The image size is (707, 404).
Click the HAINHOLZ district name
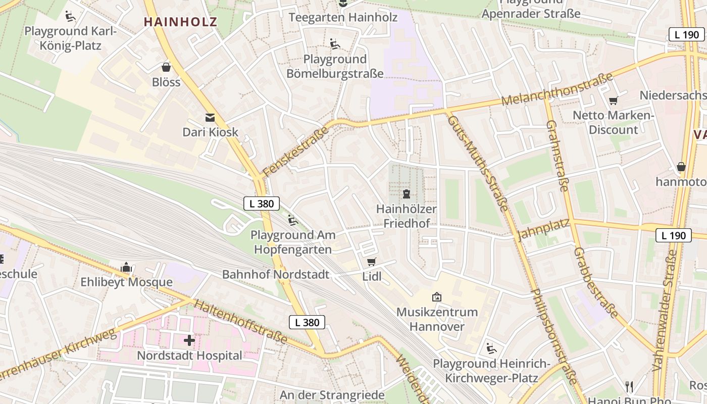[x=180, y=22]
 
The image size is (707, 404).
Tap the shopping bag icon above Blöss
[x=166, y=67]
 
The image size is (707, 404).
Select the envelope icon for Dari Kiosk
[x=210, y=118]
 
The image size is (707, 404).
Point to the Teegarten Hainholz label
[x=343, y=17]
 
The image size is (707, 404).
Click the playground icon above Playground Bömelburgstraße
[x=334, y=44]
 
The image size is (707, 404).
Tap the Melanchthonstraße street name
[x=558, y=89]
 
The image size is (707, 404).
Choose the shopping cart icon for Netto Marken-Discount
[x=613, y=100]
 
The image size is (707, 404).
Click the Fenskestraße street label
[x=296, y=151]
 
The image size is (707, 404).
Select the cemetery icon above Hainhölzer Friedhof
[x=406, y=193]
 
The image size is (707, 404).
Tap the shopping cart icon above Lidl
[x=372, y=262]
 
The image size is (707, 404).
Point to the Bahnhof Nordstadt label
[x=276, y=274]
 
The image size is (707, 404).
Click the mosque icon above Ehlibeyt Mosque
[x=126, y=267]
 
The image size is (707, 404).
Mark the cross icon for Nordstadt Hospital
[x=189, y=340]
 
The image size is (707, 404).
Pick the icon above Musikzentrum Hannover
[x=437, y=297]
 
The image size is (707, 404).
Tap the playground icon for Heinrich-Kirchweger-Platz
[x=491, y=348]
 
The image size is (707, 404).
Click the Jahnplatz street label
[x=543, y=229]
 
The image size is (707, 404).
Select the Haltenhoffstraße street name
[x=240, y=322]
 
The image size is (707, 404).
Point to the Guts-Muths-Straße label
[x=478, y=163]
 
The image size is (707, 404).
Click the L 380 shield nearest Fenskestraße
[x=262, y=204]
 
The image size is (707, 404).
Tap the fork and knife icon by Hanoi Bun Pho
[x=629, y=387]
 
